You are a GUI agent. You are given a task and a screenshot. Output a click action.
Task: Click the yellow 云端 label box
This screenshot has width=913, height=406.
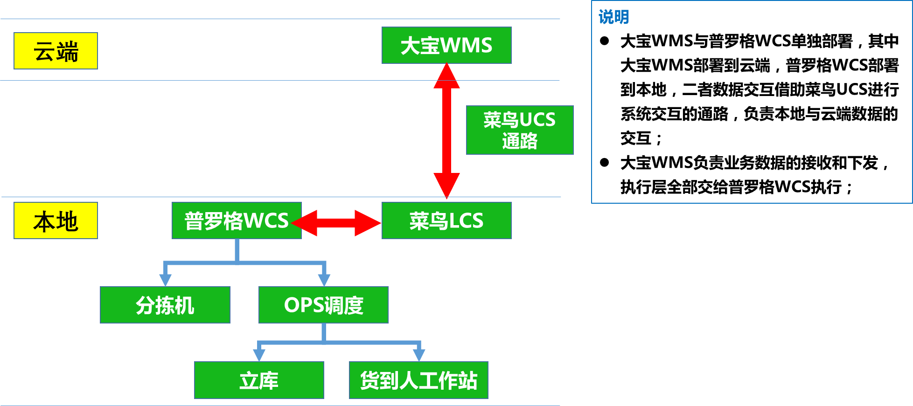56,51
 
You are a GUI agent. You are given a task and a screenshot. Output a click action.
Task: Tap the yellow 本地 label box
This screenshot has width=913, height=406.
56,220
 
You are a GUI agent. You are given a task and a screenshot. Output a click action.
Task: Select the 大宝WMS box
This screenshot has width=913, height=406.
446,45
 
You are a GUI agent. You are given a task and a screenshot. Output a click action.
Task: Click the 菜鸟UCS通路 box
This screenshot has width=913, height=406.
520,130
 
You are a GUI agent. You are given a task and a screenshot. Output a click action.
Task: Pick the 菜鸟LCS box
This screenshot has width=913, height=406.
446,220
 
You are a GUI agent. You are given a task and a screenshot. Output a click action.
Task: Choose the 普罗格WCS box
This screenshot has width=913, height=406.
237,220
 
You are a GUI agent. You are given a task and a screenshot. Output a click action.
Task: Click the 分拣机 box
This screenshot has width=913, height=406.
165,305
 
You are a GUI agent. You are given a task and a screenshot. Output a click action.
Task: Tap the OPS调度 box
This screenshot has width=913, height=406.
323,305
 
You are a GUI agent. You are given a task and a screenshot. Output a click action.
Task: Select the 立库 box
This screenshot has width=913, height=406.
259,380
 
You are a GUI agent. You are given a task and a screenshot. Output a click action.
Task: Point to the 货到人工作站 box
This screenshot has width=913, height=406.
418,380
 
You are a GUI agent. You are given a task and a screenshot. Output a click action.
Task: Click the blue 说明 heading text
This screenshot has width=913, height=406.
613,17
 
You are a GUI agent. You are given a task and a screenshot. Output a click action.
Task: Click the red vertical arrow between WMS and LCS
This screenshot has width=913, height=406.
446,131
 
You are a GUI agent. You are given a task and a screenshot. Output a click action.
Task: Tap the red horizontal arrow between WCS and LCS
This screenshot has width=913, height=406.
336,223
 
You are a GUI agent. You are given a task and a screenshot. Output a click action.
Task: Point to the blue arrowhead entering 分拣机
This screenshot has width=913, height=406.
165,279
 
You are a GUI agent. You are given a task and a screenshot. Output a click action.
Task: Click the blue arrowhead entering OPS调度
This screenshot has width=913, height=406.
324,279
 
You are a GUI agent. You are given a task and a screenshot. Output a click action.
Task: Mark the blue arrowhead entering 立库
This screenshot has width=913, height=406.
259,355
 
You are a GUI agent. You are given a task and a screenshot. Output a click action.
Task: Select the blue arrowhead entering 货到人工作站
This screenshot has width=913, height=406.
419,355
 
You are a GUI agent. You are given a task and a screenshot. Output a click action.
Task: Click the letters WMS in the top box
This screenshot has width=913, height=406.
466,45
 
